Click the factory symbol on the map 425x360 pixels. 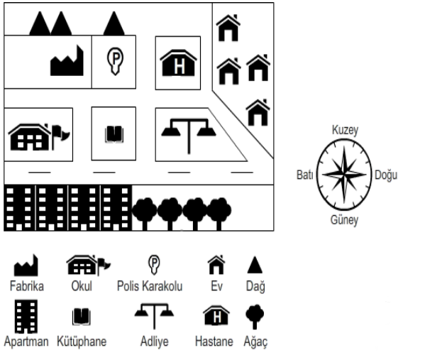coord(67,62)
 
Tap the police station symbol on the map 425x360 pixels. coord(115,61)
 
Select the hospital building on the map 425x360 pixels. coord(178,63)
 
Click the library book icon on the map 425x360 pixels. coord(114,134)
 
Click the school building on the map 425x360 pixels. coord(39,137)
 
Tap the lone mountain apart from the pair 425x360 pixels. coord(114,23)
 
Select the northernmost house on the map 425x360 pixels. coord(228,28)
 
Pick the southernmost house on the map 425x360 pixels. coord(258,112)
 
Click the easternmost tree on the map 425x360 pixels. coord(219,214)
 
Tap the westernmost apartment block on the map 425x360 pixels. coord(20,208)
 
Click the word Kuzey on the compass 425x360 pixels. coord(345,130)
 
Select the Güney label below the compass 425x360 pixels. coord(344,219)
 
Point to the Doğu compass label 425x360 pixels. coord(386,175)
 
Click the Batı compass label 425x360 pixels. coord(305,175)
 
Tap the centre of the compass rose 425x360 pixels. coord(344,175)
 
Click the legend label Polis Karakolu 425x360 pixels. coord(150,286)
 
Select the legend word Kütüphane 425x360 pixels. coord(82,342)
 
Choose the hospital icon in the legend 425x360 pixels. coord(216,315)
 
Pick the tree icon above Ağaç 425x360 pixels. coord(255,317)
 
